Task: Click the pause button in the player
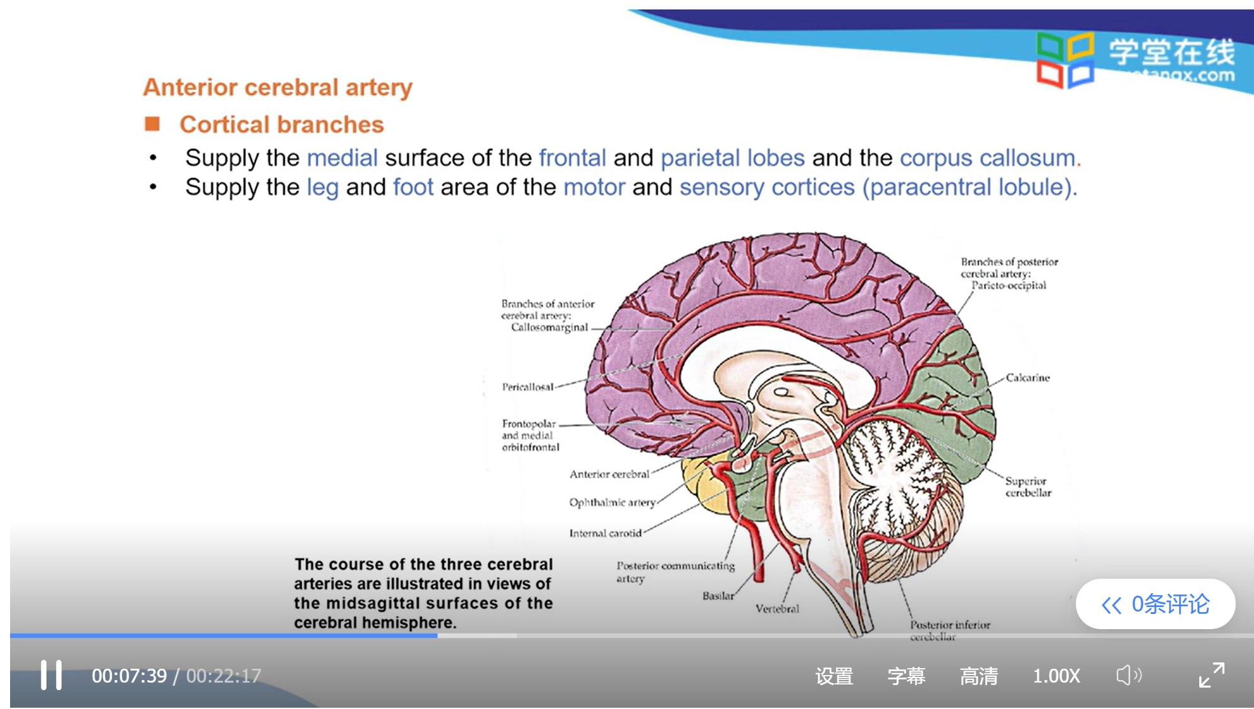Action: click(51, 675)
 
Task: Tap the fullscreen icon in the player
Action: click(1211, 675)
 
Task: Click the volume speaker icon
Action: click(1128, 676)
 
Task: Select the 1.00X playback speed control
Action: click(1056, 676)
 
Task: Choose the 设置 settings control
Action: click(834, 676)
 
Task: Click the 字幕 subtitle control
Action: click(906, 676)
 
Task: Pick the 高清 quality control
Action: click(978, 676)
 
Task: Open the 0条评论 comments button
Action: click(1155, 604)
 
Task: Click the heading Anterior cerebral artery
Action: click(278, 87)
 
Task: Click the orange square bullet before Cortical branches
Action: click(152, 124)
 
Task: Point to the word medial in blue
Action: click(342, 158)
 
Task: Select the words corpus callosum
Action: click(986, 158)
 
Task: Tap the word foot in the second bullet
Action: click(413, 187)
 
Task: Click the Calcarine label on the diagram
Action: click(1027, 377)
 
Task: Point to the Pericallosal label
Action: click(528, 387)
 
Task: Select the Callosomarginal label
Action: click(549, 327)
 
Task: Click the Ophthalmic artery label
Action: click(612, 502)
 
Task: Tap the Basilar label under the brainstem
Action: click(718, 595)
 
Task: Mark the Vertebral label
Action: click(777, 608)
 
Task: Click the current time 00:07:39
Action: click(129, 676)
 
